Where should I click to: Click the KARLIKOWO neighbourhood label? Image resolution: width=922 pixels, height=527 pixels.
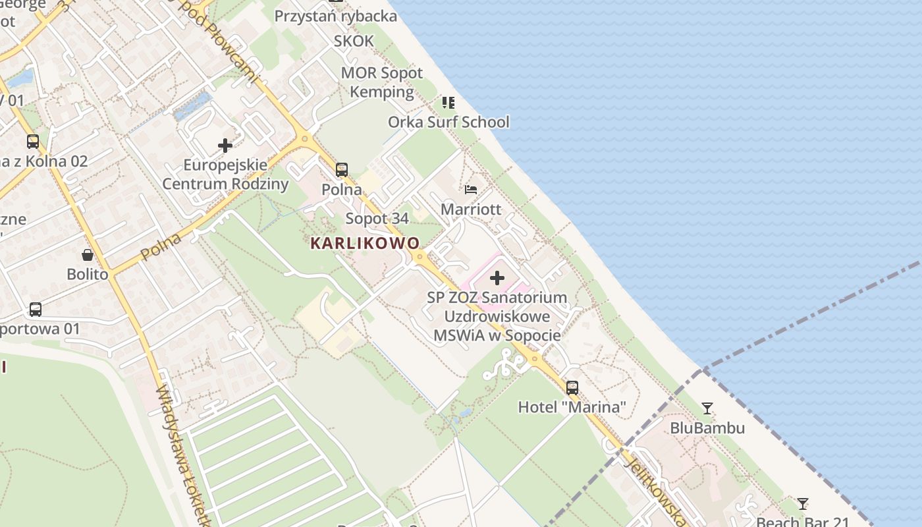point(365,243)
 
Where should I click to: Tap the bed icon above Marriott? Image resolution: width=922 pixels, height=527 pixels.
point(471,190)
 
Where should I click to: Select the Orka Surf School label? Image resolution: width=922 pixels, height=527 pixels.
point(448,122)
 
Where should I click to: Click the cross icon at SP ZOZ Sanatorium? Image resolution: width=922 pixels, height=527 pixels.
point(497,278)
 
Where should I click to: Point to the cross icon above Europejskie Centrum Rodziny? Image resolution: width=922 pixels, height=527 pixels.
point(225,145)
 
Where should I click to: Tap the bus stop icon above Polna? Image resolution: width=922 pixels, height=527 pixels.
point(342,170)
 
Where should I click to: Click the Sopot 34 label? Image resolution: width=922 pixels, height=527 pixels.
point(377,218)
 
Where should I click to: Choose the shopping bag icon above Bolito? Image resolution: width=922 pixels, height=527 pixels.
point(88,255)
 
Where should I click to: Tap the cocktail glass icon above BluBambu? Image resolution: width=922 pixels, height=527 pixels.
point(707,408)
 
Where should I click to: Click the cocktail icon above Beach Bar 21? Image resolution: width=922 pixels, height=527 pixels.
point(803,504)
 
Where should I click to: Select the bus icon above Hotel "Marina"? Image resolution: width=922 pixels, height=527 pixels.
point(572,387)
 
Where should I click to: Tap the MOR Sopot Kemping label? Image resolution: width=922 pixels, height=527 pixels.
point(382,82)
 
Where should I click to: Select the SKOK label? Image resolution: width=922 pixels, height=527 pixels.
point(354,41)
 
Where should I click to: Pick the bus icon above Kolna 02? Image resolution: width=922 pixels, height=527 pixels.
point(33,141)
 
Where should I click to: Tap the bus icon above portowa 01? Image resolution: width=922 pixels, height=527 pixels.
point(36,309)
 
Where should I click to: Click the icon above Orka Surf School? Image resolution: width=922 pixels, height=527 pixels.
point(448,102)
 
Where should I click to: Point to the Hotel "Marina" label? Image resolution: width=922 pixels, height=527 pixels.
point(572,407)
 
